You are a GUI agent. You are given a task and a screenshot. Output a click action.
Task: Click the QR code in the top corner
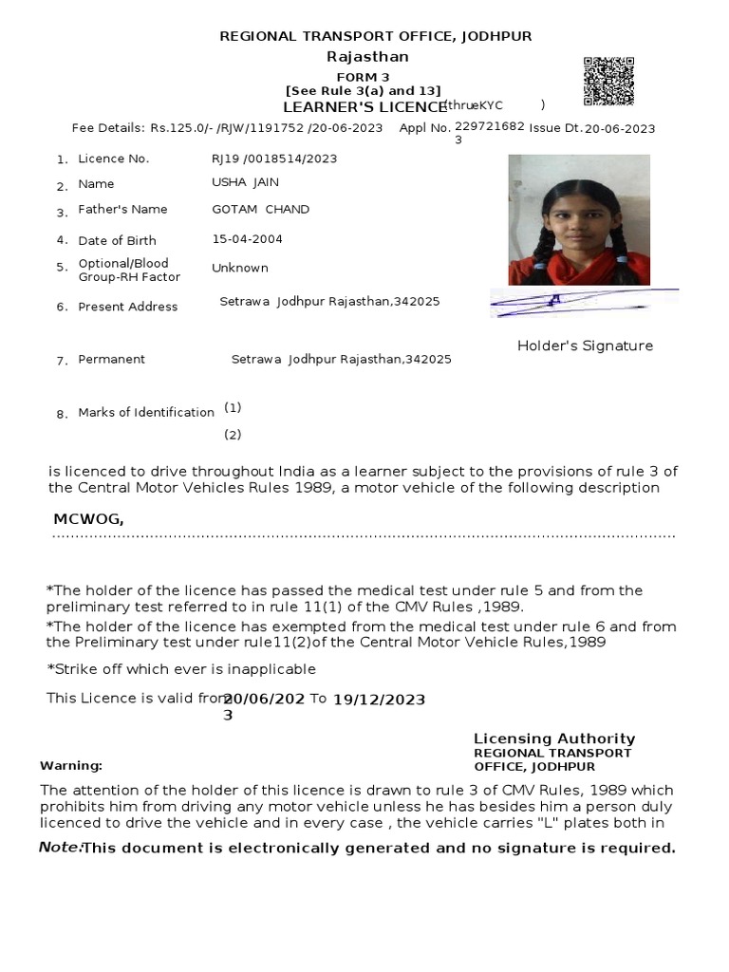pyautogui.click(x=607, y=82)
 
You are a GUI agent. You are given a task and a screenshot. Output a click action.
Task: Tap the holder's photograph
pyautogui.click(x=579, y=219)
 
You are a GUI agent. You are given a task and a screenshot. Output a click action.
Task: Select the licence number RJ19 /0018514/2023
pyautogui.click(x=274, y=159)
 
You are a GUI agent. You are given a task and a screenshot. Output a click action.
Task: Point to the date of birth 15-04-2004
pyautogui.click(x=247, y=239)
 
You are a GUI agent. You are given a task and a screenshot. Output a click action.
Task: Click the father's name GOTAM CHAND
pyautogui.click(x=260, y=209)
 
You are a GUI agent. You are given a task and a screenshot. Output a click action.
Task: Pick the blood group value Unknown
pyautogui.click(x=240, y=268)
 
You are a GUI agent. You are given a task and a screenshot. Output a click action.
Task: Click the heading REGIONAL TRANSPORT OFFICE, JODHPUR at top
pyautogui.click(x=375, y=36)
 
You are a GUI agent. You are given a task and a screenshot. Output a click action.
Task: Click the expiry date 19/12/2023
pyautogui.click(x=379, y=700)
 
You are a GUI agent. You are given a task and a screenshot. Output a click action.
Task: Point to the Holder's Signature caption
pyautogui.click(x=585, y=346)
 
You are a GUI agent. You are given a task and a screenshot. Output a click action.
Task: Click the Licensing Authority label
pyautogui.click(x=554, y=738)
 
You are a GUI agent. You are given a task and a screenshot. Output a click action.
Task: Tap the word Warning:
pyautogui.click(x=70, y=765)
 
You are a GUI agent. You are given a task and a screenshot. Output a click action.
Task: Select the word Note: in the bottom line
pyautogui.click(x=60, y=847)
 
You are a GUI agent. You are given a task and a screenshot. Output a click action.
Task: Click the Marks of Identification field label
pyautogui.click(x=146, y=412)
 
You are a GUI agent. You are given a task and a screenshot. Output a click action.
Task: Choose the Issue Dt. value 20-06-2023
pyautogui.click(x=619, y=129)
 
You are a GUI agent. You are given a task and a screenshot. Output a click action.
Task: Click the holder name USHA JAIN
pyautogui.click(x=245, y=181)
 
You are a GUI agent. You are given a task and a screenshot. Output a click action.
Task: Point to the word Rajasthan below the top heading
pyautogui.click(x=367, y=57)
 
